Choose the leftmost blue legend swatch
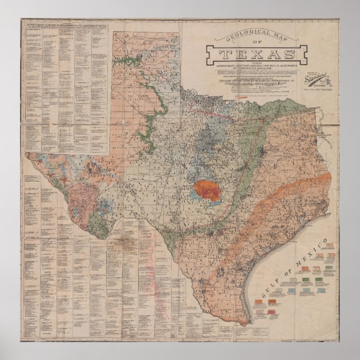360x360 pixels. tap(292, 291)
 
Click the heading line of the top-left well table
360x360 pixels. tap(66, 26)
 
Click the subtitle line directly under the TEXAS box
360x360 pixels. tap(257, 65)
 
